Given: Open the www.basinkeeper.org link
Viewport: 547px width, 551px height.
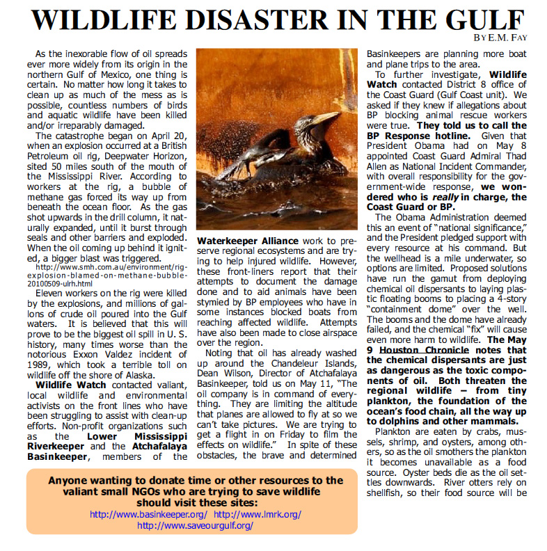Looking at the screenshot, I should tap(149, 514).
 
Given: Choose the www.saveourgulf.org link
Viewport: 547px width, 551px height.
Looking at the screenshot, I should tap(195, 526).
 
